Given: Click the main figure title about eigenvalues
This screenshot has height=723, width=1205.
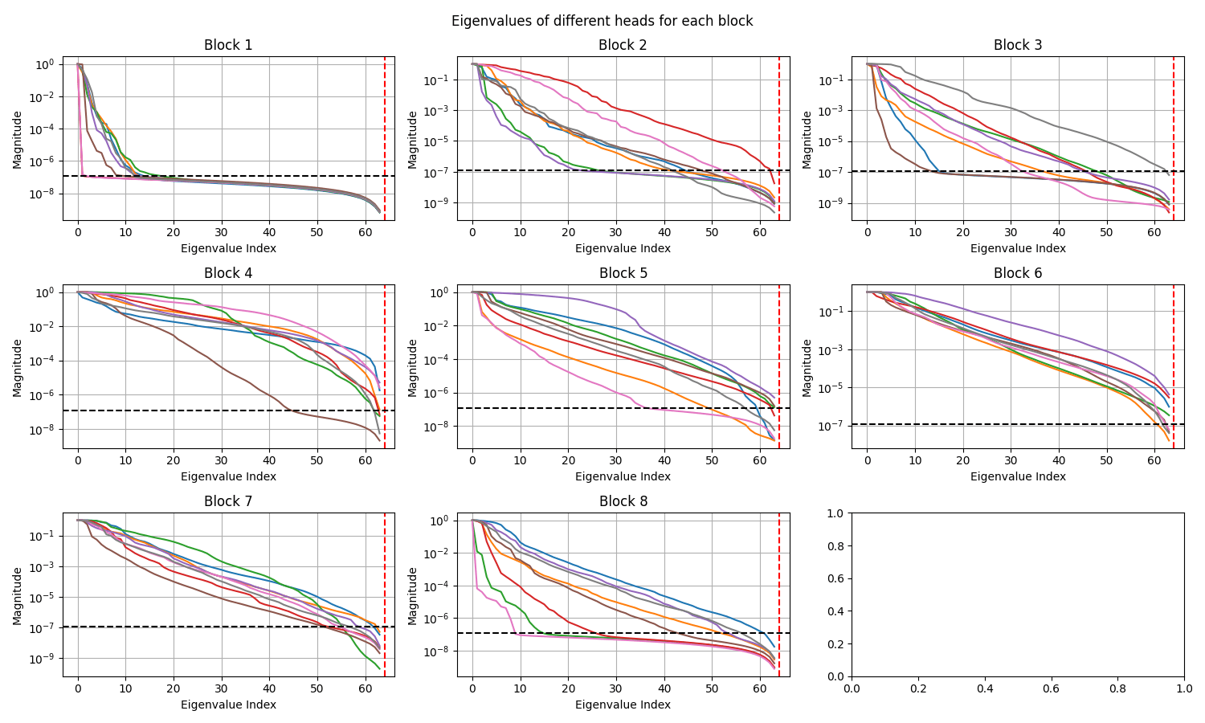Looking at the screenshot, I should pos(602,21).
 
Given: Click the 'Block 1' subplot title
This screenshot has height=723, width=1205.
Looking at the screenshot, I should pos(228,45).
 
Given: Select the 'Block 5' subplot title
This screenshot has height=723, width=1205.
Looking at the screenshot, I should pos(623,273).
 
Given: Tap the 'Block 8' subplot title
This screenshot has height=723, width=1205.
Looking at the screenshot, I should pos(623,501).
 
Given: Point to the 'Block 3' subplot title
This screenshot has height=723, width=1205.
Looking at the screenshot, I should pos(1017,45).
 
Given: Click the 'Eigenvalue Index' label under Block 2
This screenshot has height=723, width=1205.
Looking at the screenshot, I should pos(623,248).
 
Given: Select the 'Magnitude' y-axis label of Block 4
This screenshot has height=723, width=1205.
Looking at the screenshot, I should pos(17,367).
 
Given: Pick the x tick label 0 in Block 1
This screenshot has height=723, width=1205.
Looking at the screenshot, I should pos(78,233).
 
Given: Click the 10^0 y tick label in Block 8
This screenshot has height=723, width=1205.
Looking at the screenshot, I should pos(440,521).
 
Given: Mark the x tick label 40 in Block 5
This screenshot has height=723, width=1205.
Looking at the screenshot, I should pos(664,461).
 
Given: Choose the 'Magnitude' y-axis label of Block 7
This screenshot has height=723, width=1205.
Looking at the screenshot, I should pos(17,595).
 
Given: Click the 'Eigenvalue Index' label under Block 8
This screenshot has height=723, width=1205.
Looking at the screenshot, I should pos(623,705).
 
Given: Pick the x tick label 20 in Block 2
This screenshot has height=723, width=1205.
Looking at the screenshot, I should pos(568,233).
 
